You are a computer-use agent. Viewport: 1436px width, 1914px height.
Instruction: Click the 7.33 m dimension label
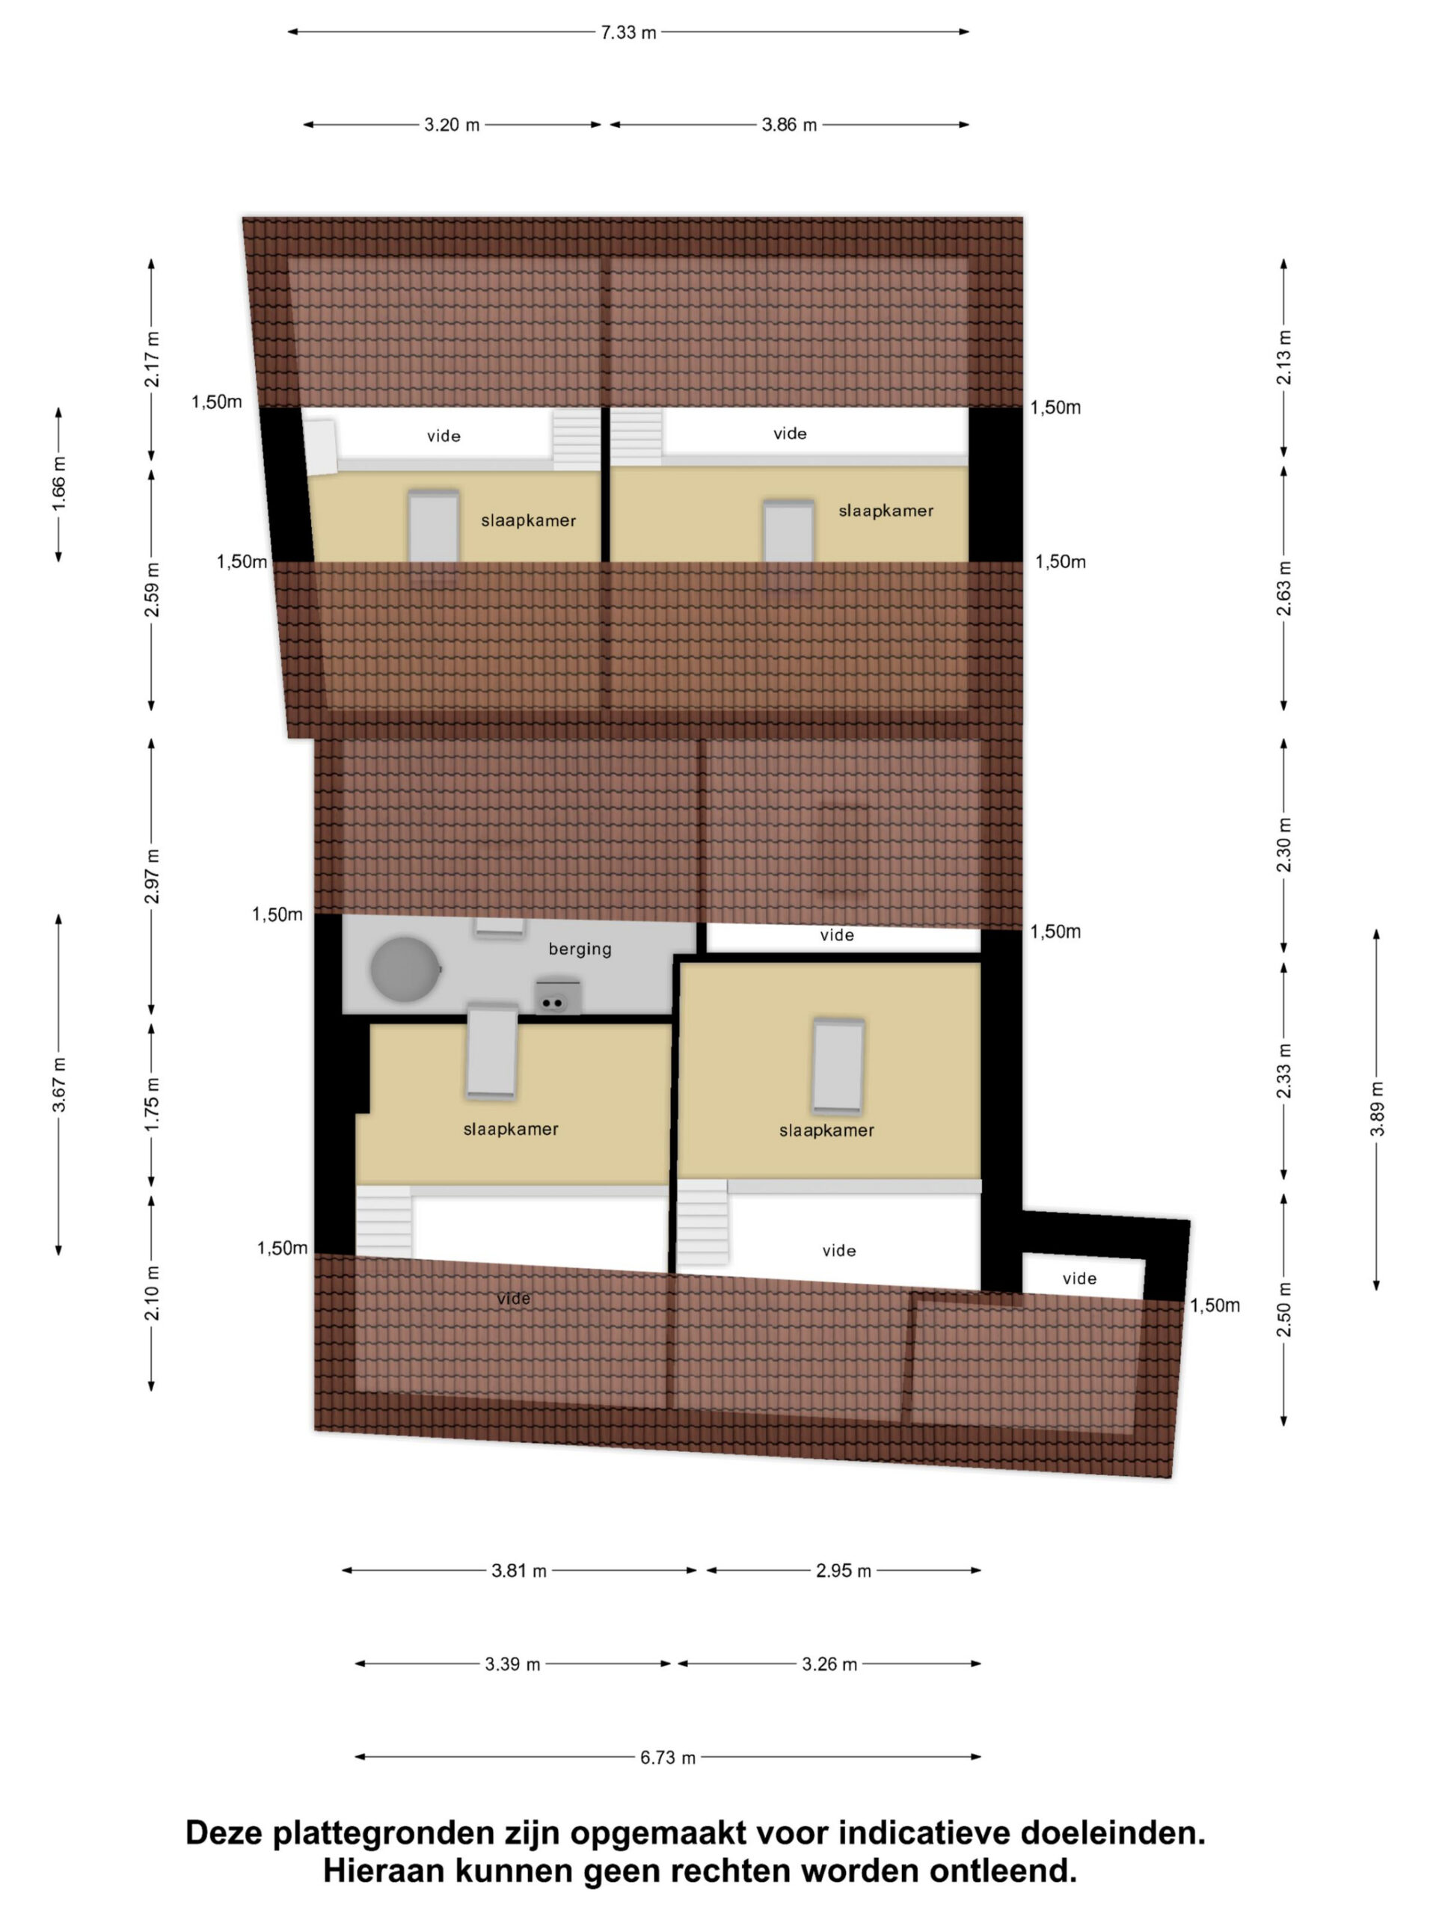coord(628,32)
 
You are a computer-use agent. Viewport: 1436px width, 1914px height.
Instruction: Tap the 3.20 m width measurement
coord(451,125)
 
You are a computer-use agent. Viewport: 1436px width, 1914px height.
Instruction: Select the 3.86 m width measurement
coord(788,125)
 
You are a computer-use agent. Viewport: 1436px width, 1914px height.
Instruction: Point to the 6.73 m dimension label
coord(667,1758)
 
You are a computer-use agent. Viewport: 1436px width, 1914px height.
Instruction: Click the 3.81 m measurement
coord(518,1571)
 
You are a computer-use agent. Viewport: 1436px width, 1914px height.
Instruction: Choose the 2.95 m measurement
coord(843,1571)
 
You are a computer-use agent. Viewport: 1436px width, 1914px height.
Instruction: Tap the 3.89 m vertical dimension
coord(1377,1110)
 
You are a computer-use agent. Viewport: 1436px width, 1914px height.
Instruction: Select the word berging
coord(580,950)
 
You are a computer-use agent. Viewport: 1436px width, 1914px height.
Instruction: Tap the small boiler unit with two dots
coord(557,997)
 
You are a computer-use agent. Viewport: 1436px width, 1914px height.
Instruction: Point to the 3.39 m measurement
coord(512,1664)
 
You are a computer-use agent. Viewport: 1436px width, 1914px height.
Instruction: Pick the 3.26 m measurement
coord(829,1664)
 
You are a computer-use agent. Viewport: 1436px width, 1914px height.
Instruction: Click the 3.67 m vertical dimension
coord(59,1084)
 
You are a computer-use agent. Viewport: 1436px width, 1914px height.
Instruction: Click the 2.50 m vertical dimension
coord(1283,1309)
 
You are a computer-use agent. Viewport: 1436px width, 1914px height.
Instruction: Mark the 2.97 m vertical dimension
coord(153,876)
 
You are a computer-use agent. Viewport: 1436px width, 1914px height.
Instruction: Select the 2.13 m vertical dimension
coord(1283,357)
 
